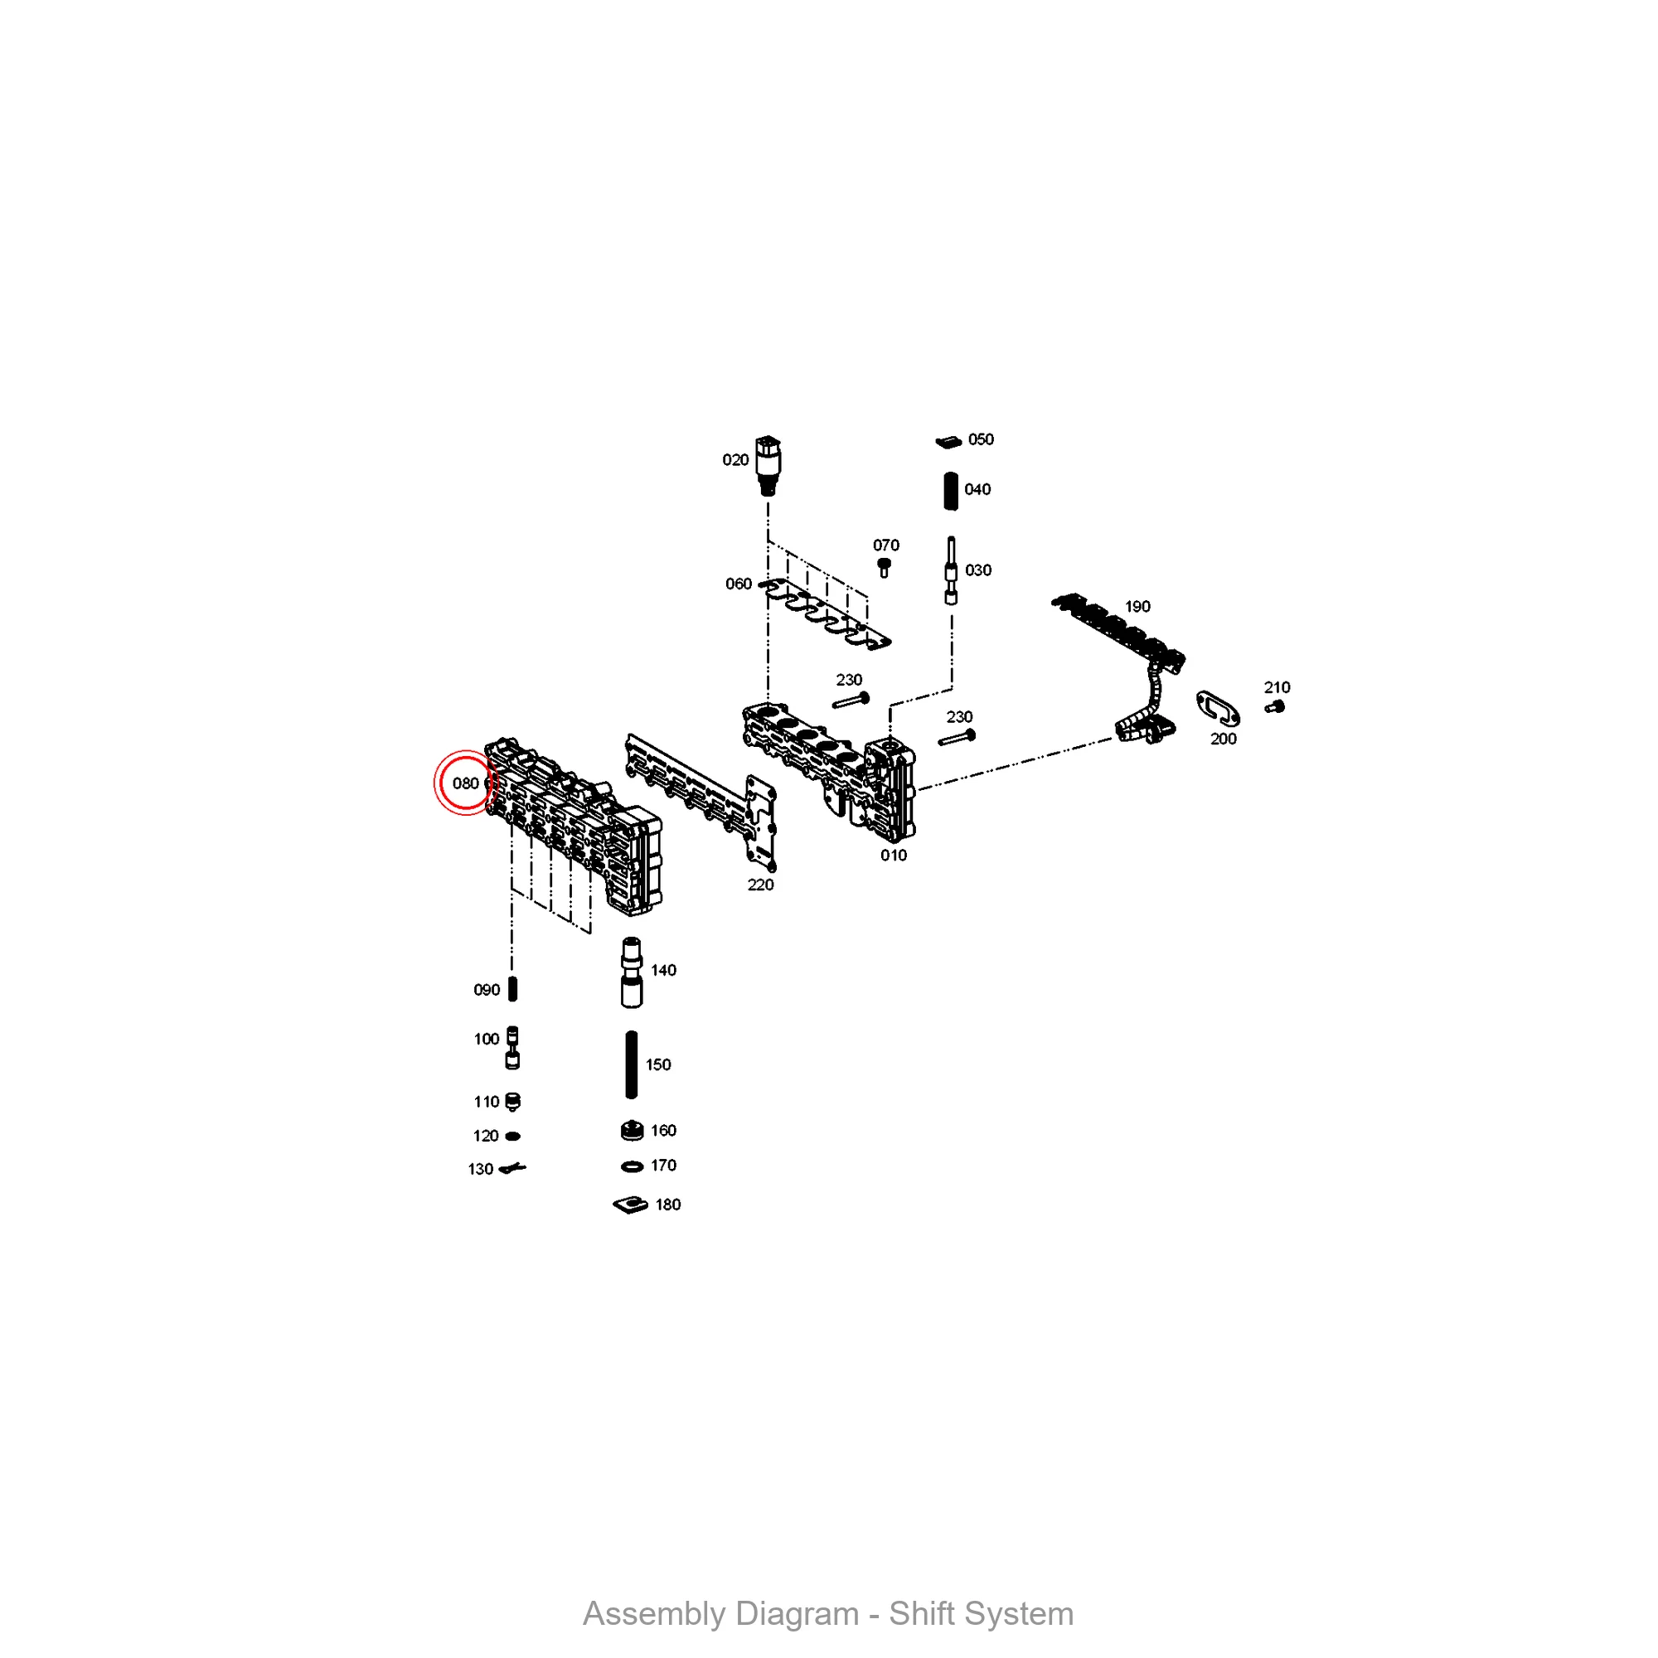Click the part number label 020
tap(735, 460)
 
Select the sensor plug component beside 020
tap(768, 466)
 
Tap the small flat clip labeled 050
tap(948, 442)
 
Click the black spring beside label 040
tap(951, 491)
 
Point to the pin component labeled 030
tap(951, 571)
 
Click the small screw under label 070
tap(884, 567)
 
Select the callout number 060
tap(738, 584)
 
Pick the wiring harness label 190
tap(1138, 607)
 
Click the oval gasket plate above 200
tap(1218, 708)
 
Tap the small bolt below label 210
tap(1274, 707)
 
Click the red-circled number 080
tap(465, 783)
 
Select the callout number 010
tap(894, 856)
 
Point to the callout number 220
tap(760, 885)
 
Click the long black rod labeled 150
tap(632, 1065)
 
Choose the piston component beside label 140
tap(632, 972)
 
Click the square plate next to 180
tap(631, 1205)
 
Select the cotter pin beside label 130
tap(512, 1168)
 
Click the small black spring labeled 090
tap(513, 990)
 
